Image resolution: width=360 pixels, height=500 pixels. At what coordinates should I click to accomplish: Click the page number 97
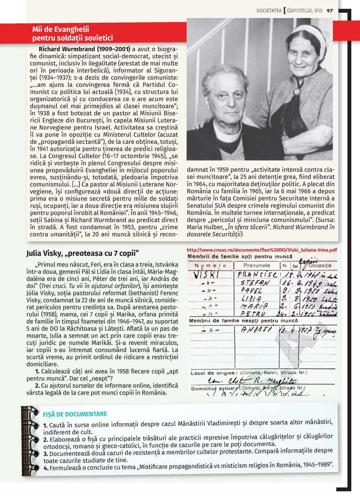point(330,10)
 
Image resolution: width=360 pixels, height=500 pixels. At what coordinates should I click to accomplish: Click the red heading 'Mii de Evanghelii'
point(60,29)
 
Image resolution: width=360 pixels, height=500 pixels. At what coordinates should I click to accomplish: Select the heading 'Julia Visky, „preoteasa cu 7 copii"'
point(82,253)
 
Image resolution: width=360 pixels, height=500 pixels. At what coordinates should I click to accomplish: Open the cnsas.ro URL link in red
point(262,250)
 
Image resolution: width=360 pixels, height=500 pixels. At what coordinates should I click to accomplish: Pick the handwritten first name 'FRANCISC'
point(257,274)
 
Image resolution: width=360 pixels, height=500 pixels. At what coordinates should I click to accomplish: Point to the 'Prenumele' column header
point(256,265)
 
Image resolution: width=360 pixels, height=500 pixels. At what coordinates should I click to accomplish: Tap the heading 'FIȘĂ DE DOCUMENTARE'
point(75,414)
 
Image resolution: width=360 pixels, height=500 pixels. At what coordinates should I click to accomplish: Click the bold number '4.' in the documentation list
point(46,468)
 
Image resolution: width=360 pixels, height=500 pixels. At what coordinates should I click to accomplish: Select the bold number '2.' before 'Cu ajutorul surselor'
point(37,386)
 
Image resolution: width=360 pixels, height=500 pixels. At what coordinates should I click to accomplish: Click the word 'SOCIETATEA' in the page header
point(269,11)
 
